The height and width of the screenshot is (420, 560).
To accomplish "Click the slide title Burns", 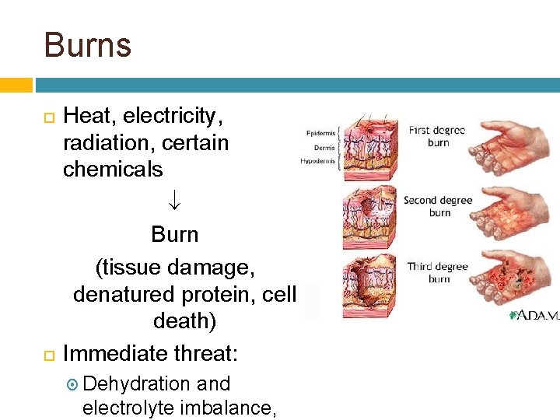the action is [x=88, y=45].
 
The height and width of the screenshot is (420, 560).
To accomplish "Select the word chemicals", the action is [x=113, y=169].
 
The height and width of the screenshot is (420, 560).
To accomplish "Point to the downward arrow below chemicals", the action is [x=175, y=201].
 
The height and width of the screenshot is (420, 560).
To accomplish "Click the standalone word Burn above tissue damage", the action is [x=175, y=234].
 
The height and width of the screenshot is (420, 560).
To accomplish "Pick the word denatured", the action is [x=124, y=295].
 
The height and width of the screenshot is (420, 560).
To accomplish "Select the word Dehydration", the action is [x=136, y=384].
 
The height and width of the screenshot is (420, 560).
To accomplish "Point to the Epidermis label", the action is [x=320, y=133].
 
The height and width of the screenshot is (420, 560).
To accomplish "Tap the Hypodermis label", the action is [x=318, y=162].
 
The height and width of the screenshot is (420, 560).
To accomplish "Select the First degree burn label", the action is [x=437, y=136].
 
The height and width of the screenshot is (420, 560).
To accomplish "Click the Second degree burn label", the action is [x=438, y=206].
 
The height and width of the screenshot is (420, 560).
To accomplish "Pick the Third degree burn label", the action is [x=438, y=272].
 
